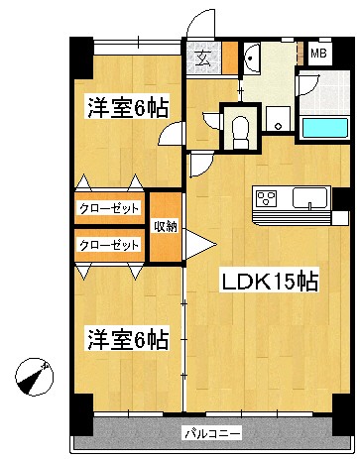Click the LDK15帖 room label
click(x=269, y=281)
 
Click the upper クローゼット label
click(x=109, y=208)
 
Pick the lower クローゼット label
click(x=109, y=244)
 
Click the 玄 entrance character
click(x=202, y=58)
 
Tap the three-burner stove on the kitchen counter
click(x=268, y=200)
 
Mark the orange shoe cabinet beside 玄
click(x=229, y=58)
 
